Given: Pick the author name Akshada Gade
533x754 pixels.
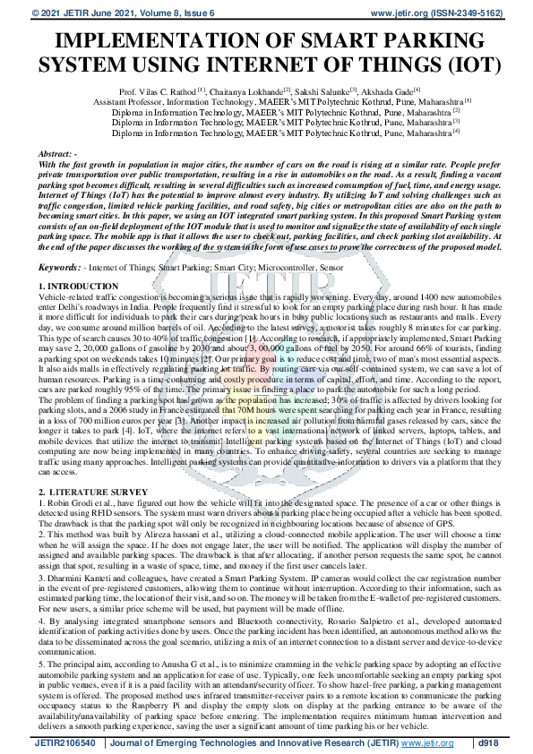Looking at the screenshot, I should click(386, 92).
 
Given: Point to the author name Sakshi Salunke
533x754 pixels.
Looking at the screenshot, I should click(322, 92).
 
